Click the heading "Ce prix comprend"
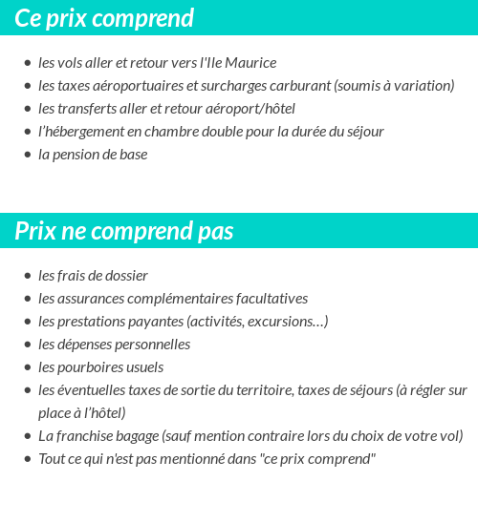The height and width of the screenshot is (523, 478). click(104, 18)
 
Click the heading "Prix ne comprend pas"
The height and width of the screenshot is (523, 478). click(123, 232)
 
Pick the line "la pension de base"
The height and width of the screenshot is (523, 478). click(93, 155)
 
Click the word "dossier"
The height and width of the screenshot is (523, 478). click(124, 276)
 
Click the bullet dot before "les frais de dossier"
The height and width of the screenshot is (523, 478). click(28, 276)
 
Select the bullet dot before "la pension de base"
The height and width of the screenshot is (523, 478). click(28, 155)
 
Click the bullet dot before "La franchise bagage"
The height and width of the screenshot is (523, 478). click(28, 436)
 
